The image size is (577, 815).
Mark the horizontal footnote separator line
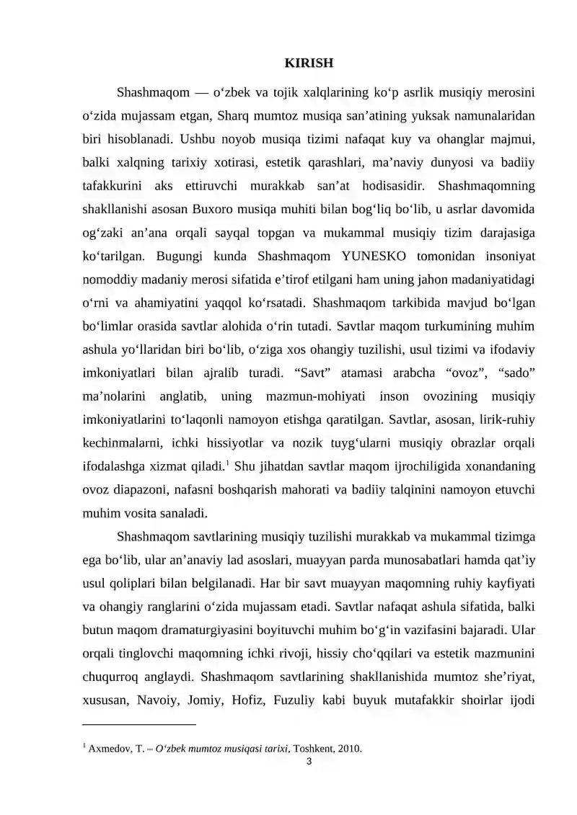pyautogui.click(x=140, y=723)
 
